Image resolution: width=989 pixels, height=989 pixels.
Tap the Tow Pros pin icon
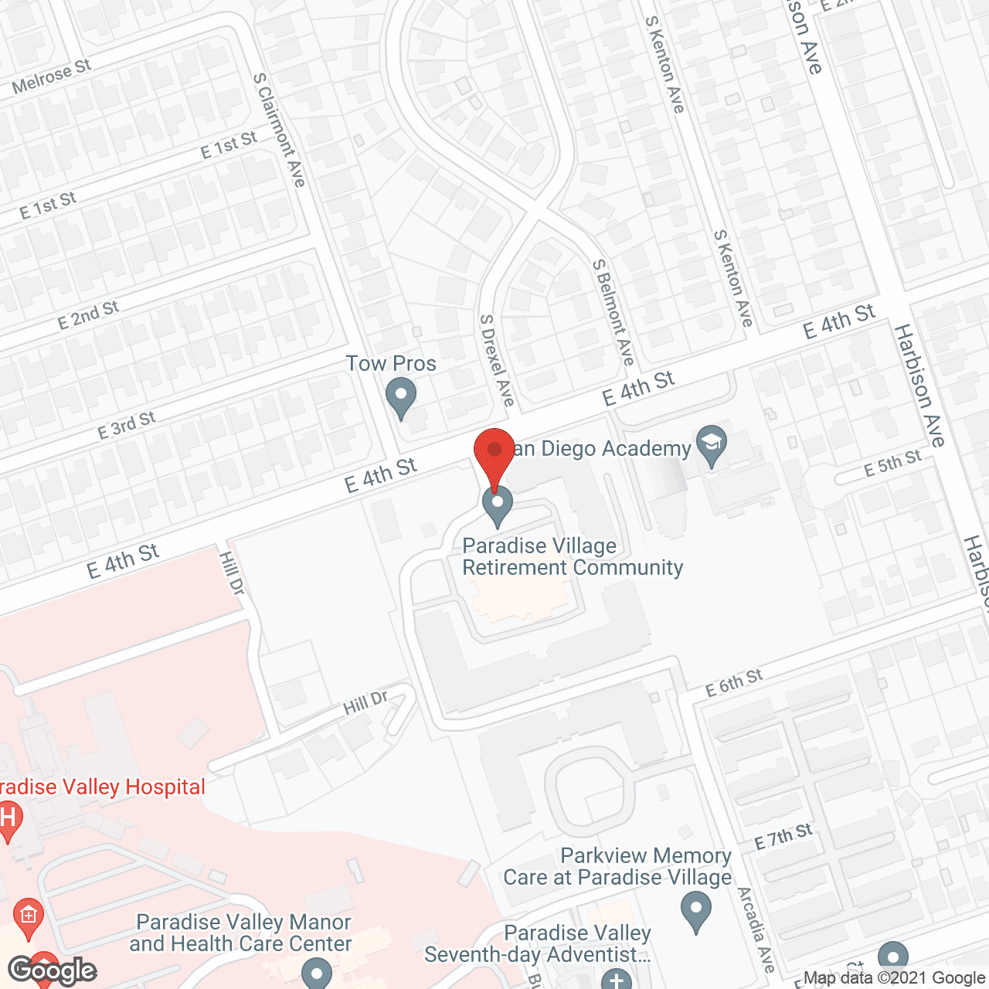[401, 399]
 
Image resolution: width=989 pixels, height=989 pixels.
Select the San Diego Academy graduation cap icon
[712, 444]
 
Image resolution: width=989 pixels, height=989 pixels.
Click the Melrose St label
[52, 76]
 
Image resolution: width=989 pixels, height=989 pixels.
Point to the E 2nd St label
[88, 314]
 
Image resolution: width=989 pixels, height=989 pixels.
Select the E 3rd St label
[126, 425]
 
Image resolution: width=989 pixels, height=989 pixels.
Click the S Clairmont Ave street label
[280, 130]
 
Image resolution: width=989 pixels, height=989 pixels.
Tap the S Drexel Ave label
[497, 360]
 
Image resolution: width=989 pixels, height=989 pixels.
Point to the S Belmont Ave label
[613, 312]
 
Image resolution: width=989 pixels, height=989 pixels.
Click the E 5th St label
[892, 463]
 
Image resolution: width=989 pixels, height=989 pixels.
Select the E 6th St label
[734, 682]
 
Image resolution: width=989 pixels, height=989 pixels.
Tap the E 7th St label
[783, 836]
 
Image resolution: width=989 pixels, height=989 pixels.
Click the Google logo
[53, 970]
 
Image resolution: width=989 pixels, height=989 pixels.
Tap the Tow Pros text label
[391, 363]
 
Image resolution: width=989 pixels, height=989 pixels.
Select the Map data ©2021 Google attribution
[895, 977]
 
